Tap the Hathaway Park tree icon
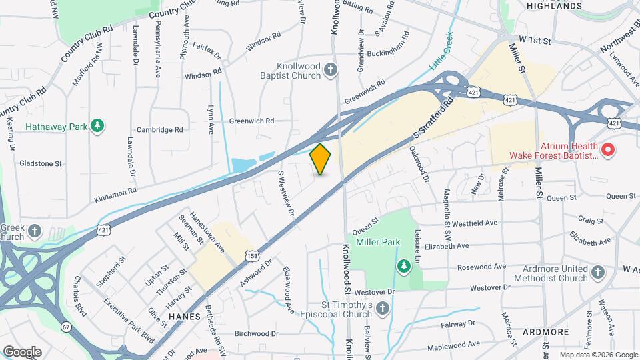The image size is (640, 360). pos(97,126)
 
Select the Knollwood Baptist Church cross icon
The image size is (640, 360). pos(330,70)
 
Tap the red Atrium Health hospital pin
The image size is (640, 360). pos(607,151)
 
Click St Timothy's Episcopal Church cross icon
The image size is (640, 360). pos(383,308)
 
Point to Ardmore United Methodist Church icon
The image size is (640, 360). pos(598,273)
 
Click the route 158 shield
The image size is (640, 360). pos(252,255)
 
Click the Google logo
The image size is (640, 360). pos(22,351)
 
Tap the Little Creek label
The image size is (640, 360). pos(441,51)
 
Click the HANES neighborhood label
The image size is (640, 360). pos(185,316)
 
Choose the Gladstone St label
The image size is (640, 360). pos(41,163)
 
